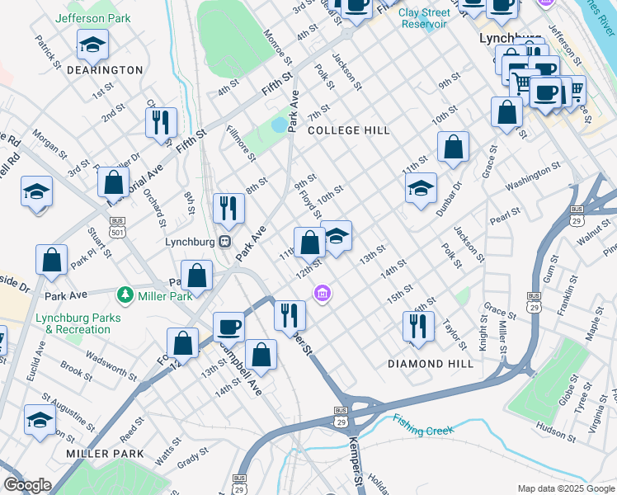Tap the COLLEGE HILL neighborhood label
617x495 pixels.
pyautogui.click(x=348, y=130)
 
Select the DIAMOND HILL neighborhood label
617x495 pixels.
pyautogui.click(x=431, y=363)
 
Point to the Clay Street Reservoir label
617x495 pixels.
pyautogui.click(x=424, y=18)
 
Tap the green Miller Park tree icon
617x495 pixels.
pyautogui.click(x=125, y=295)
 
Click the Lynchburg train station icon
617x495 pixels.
pyautogui.click(x=224, y=242)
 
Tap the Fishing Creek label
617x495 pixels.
pyautogui.click(x=424, y=430)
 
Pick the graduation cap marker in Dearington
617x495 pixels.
pyautogui.click(x=92, y=46)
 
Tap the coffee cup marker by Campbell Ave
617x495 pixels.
pyautogui.click(x=229, y=327)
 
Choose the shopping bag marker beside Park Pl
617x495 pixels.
pyautogui.click(x=51, y=259)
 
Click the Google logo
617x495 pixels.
pyautogui.click(x=27, y=485)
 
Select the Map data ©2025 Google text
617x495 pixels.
pyautogui.click(x=565, y=488)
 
